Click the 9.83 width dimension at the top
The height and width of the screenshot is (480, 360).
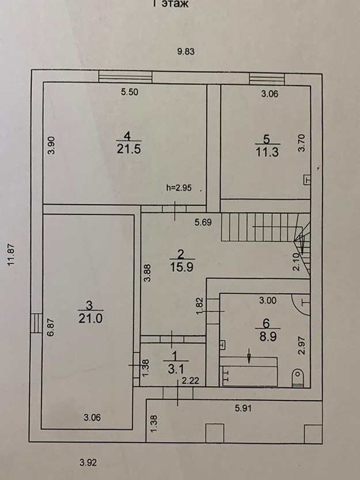pyautogui.click(x=186, y=51)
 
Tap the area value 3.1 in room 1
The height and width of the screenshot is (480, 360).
pyautogui.click(x=171, y=368)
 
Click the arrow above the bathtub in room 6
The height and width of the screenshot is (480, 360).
pyautogui.click(x=249, y=356)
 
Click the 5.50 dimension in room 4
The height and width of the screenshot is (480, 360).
pyautogui.click(x=129, y=91)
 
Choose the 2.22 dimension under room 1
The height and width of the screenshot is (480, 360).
pyautogui.click(x=191, y=380)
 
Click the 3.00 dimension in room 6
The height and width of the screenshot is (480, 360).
pyautogui.click(x=267, y=300)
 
